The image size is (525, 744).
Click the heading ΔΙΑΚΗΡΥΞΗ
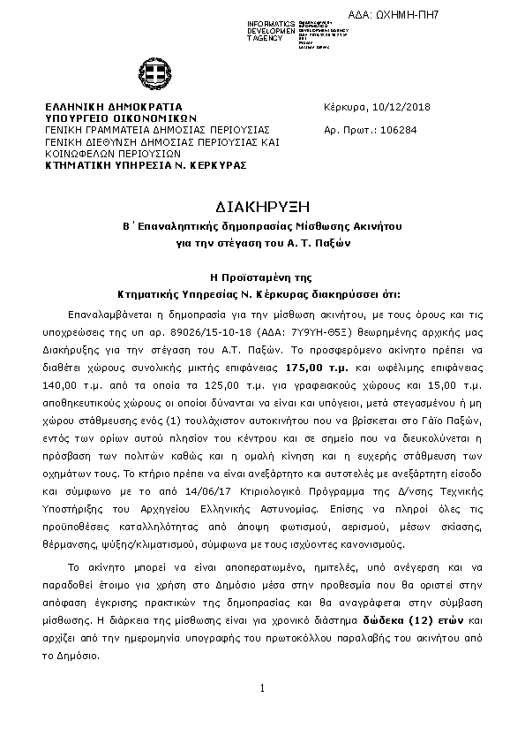[262, 206]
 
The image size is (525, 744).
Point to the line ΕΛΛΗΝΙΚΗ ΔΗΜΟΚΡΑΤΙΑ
[101, 107]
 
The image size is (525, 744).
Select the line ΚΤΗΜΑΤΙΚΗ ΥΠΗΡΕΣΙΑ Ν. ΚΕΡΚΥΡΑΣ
[146, 164]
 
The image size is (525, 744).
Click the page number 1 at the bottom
[262, 687]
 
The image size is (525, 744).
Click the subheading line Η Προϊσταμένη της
[262, 277]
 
